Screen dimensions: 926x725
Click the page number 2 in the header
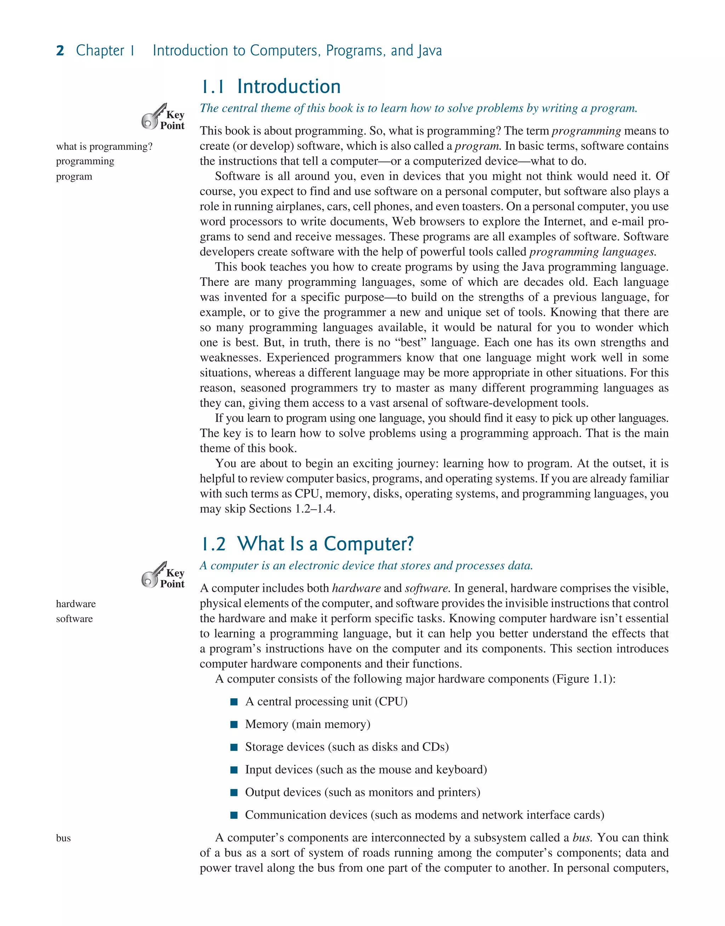tap(60, 51)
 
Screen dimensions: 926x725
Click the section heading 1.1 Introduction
tap(270, 87)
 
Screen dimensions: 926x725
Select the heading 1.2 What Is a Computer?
tap(307, 544)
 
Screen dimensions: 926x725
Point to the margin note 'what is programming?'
tap(104, 147)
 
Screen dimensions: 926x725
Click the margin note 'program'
tap(74, 177)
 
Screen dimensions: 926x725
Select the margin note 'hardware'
tap(75, 604)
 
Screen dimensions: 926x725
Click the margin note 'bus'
tap(63, 838)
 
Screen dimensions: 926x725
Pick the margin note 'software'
tap(74, 619)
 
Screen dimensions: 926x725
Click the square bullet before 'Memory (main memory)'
tap(234, 725)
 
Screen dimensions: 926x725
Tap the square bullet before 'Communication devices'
tap(234, 815)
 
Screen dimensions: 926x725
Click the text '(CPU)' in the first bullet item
tap(391, 702)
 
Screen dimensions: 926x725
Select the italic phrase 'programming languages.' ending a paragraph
tap(593, 252)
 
